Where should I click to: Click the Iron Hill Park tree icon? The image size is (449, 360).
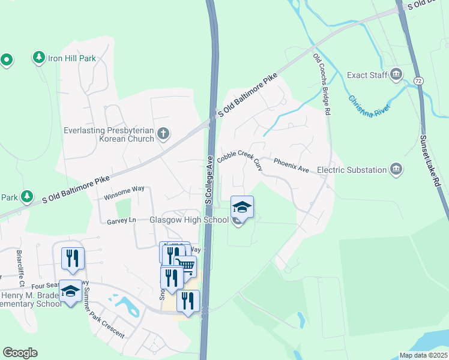tap(39, 58)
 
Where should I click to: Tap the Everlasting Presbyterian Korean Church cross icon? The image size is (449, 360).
tap(163, 135)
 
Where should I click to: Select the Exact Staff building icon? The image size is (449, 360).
tap(396, 75)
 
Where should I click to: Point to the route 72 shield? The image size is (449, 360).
tap(418, 80)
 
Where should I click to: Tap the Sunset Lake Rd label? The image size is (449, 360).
tap(430, 161)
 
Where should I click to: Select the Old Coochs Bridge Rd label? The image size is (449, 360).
tap(322, 84)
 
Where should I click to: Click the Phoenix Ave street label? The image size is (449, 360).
tap(291, 166)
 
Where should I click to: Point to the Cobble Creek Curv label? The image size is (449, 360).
tap(240, 159)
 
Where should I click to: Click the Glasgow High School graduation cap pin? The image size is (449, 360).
tap(242, 207)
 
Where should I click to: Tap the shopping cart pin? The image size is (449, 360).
tap(186, 265)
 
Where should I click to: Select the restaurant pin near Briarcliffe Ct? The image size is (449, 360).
tap(73, 257)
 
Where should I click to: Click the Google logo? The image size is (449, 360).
tap(20, 353)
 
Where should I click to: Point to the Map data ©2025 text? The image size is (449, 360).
tap(423, 355)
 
